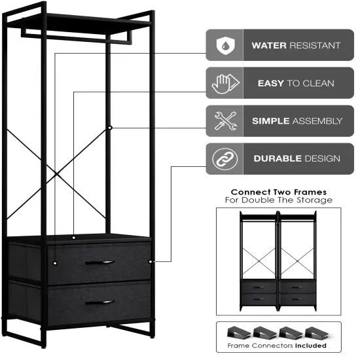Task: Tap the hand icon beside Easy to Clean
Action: coord(222,83)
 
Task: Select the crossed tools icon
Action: coord(222,121)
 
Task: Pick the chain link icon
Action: coord(222,158)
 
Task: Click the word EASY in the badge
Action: coord(270,84)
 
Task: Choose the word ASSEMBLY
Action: coord(317,121)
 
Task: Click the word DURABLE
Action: coord(278,158)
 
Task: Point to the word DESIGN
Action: coord(322,158)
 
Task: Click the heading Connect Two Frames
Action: coord(278,192)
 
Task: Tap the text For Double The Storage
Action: coord(278,200)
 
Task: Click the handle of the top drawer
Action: coord(99,262)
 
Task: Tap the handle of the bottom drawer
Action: coord(99,302)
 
